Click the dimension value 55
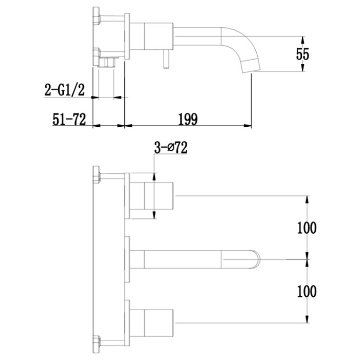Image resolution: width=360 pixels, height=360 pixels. pyautogui.click(x=303, y=54)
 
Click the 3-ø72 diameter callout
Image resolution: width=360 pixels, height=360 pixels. pyautogui.click(x=171, y=148)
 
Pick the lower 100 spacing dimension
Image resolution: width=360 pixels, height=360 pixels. pyautogui.click(x=306, y=291)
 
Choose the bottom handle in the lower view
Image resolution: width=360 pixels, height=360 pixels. pyautogui.click(x=153, y=322)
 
